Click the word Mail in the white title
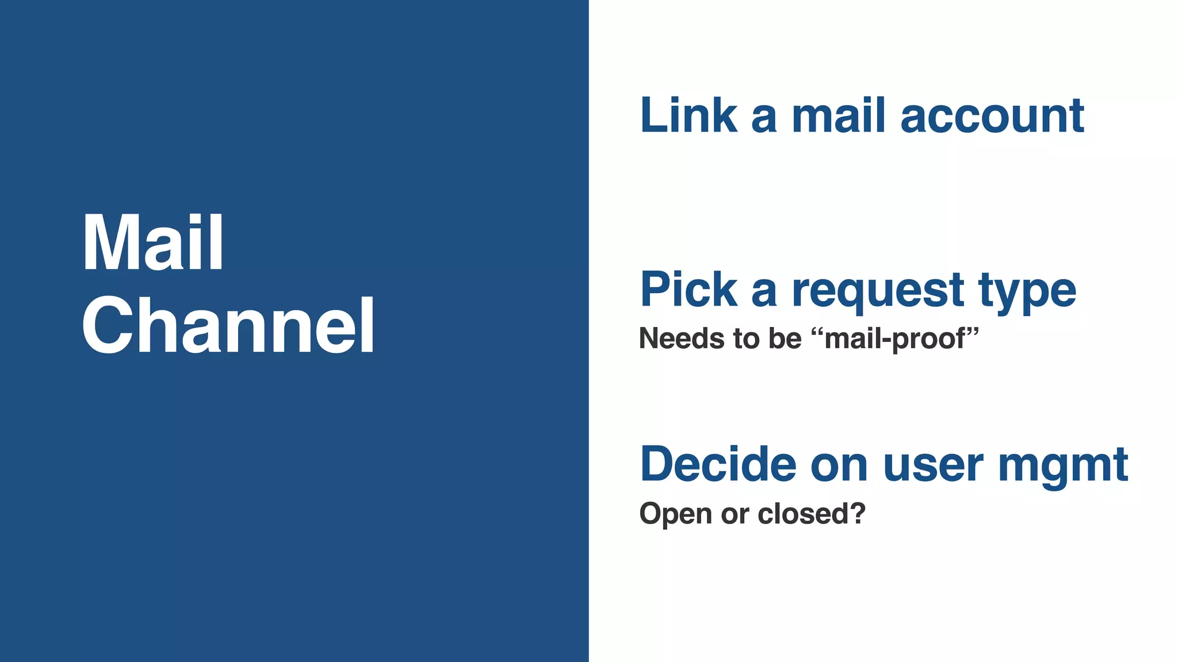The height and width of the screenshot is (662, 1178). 153,243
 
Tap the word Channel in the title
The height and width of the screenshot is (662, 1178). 228,325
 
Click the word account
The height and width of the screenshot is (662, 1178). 992,117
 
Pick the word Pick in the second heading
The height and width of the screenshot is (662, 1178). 689,290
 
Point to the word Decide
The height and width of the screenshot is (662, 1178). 718,464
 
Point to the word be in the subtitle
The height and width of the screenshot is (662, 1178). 785,338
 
